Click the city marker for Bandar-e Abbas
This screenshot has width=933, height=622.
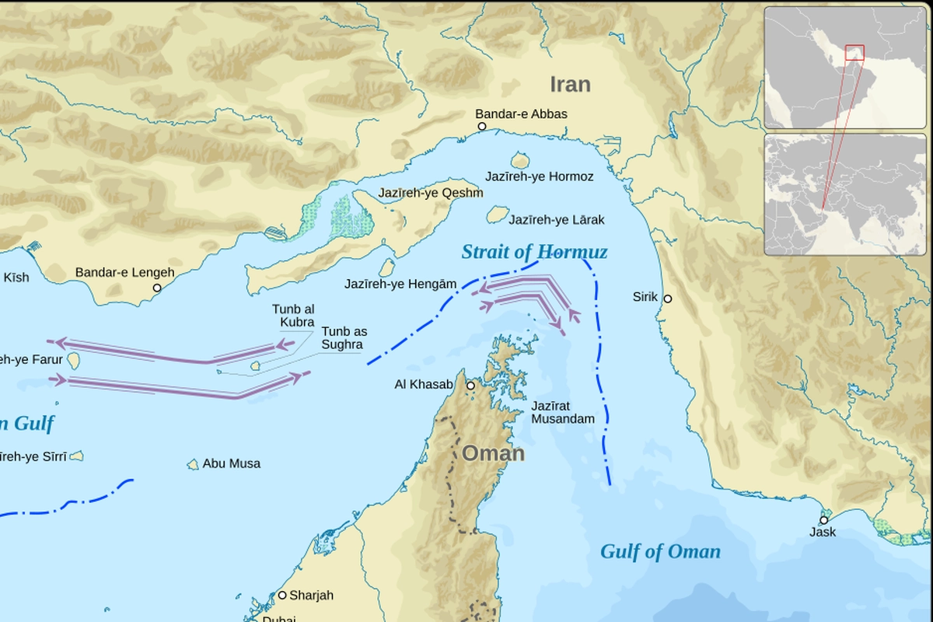(x=482, y=126)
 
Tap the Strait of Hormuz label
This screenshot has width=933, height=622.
(x=534, y=252)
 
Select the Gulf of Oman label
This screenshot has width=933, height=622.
(x=660, y=552)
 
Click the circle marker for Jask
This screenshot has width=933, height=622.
(x=824, y=520)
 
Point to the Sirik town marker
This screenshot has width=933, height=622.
(x=667, y=299)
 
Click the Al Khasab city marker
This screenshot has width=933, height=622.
(x=470, y=386)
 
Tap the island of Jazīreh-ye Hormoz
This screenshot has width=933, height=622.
(x=519, y=161)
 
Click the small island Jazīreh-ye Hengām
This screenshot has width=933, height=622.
(x=386, y=268)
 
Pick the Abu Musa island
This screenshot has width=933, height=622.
(x=193, y=464)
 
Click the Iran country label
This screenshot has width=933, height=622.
(x=570, y=84)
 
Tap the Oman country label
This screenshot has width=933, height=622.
(x=494, y=453)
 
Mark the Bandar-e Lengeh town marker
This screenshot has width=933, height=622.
(x=157, y=288)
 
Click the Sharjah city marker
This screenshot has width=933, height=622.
(x=282, y=595)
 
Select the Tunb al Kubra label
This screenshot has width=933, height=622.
(x=293, y=316)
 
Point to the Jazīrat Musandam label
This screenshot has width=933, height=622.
(x=563, y=412)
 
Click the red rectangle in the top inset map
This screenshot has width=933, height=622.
(x=854, y=52)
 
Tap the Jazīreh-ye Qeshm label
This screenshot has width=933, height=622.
(x=431, y=193)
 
